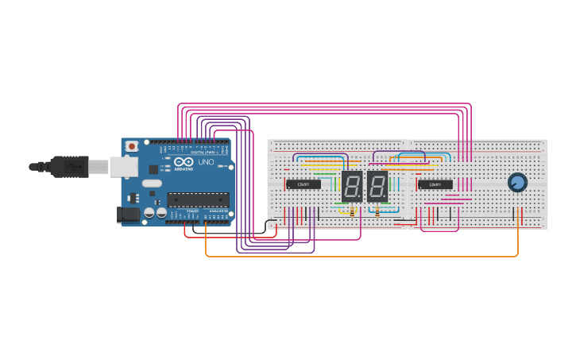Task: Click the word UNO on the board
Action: [x=206, y=162]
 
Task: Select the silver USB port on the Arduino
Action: [x=122, y=166]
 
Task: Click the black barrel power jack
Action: [x=126, y=214]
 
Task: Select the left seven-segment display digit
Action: [x=351, y=187]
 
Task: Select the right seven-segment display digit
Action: [x=377, y=187]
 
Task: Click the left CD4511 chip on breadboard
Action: [x=303, y=184]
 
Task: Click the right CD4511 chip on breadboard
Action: [x=435, y=184]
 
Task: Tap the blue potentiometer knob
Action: [x=517, y=183]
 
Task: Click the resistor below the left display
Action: [x=352, y=211]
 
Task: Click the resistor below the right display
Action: [x=377, y=211]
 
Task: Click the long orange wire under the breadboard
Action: [x=358, y=256]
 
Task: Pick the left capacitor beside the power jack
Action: [x=149, y=213]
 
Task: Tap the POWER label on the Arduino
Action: [x=193, y=211]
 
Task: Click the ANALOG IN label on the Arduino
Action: [x=217, y=211]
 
